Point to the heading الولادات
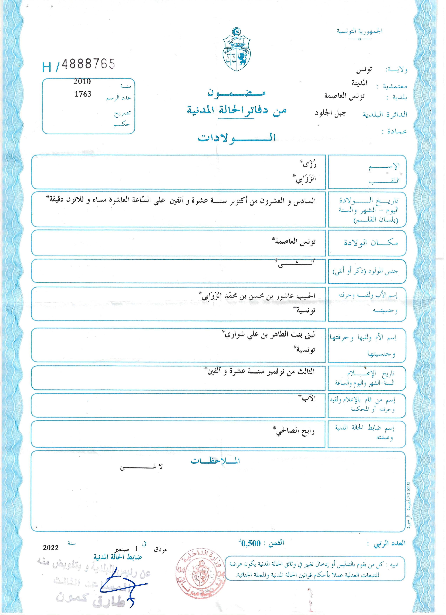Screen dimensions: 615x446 (x=236, y=138)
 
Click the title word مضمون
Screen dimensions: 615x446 (x=236, y=93)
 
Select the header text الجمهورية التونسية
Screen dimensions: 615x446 (x=359, y=31)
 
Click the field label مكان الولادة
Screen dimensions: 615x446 (x=371, y=243)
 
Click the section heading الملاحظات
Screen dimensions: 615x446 (x=215, y=461)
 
